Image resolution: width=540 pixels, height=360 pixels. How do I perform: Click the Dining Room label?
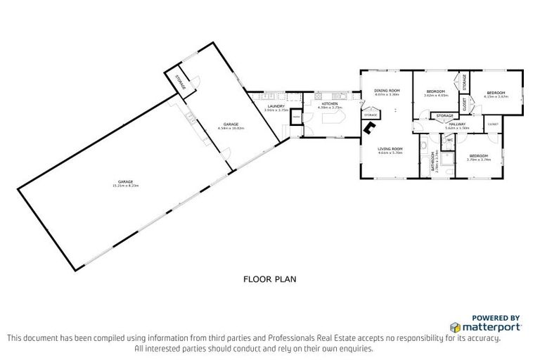(387, 91)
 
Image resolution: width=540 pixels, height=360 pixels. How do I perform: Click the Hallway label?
(457, 124)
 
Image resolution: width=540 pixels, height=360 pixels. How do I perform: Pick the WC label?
(449, 140)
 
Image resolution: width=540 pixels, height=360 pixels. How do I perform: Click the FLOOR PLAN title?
(270, 279)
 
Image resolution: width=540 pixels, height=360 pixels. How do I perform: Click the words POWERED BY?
(496, 317)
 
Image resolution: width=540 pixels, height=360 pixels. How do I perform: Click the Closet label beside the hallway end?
(493, 124)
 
